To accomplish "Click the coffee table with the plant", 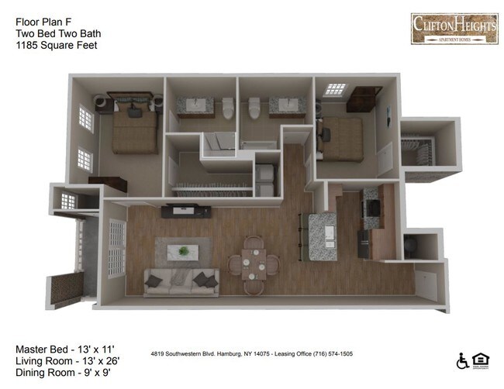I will (x=185, y=250).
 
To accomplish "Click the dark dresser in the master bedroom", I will (x=108, y=183).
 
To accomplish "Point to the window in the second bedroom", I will (x=336, y=90).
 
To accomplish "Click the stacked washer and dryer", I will (x=265, y=176).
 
